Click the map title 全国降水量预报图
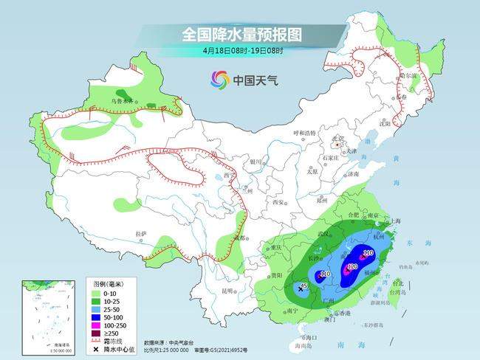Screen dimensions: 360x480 pos(242,35)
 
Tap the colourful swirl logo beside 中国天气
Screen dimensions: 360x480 pos(219,78)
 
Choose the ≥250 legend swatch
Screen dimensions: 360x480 pos(97,332)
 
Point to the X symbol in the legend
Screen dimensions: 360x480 pos(97,347)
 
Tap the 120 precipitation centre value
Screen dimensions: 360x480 pos(352,267)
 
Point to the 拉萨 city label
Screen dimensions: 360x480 pos(141,234)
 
